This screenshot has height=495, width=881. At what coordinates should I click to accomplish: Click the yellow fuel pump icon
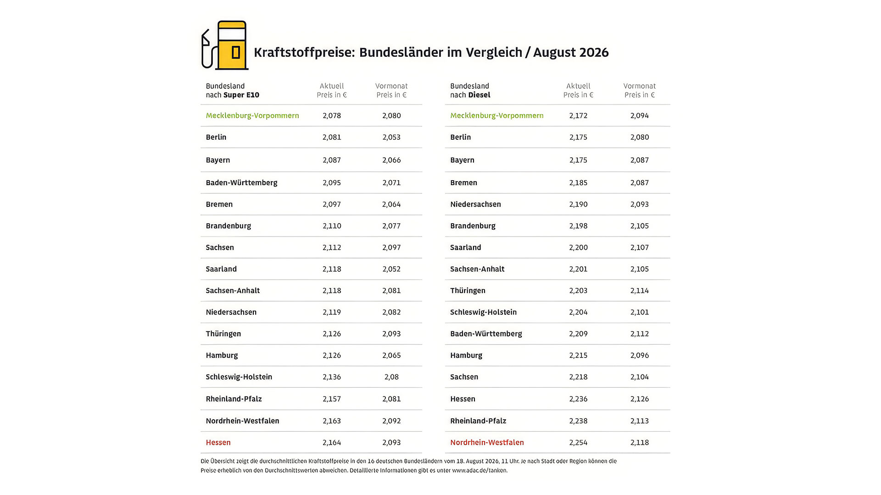click(225, 45)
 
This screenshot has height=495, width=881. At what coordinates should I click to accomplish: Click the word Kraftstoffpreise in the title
click(304, 52)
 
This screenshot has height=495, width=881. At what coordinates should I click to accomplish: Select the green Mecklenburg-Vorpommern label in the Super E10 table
click(252, 115)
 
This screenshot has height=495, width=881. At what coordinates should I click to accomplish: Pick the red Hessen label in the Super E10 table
click(218, 442)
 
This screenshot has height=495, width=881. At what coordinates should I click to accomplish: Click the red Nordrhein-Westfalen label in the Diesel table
click(487, 442)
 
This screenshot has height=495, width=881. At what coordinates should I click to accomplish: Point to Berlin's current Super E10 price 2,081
click(332, 137)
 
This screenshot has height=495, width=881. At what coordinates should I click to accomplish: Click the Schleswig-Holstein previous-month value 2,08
click(391, 377)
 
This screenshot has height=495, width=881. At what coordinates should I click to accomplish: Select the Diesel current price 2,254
click(578, 442)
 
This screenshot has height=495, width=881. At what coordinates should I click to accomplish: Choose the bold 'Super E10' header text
click(241, 95)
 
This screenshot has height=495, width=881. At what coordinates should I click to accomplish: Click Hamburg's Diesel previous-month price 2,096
click(640, 355)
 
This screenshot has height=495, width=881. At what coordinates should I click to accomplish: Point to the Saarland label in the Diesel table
click(466, 247)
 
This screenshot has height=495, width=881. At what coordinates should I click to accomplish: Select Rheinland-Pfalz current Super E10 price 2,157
click(332, 399)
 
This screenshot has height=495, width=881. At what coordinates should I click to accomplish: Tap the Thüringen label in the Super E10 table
click(223, 334)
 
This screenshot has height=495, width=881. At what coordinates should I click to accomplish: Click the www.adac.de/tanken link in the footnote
click(479, 470)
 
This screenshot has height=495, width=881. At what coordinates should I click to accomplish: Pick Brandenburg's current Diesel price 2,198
click(578, 226)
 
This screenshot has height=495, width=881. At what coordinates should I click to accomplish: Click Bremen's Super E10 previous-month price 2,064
click(391, 204)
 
